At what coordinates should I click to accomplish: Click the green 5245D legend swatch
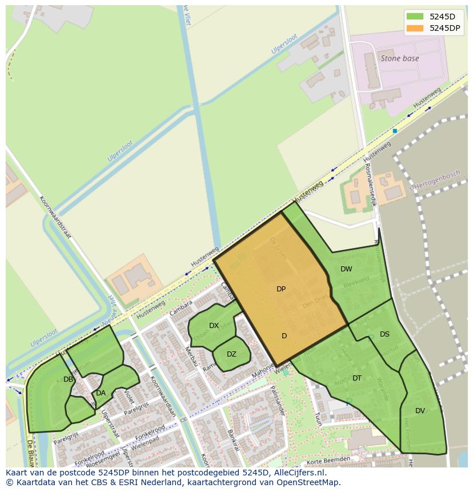pos(415,16)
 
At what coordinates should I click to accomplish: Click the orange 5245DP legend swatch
pos(415,27)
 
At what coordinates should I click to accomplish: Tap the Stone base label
pos(399,58)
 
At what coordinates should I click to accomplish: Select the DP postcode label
pos(280,289)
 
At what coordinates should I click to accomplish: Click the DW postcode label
pos(346,269)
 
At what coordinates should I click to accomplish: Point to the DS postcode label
pos(384,334)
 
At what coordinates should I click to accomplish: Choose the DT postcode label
pos(357,378)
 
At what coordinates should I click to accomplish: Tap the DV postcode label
pos(420,411)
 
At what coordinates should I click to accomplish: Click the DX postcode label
pos(214,326)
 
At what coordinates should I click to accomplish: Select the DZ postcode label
pos(231,354)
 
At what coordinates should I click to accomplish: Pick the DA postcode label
pos(101,393)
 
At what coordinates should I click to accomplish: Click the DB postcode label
pos(68,379)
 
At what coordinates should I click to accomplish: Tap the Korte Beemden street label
pos(328,460)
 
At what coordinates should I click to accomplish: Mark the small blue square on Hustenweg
pos(394,131)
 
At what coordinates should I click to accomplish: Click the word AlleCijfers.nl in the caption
pos(298,473)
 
